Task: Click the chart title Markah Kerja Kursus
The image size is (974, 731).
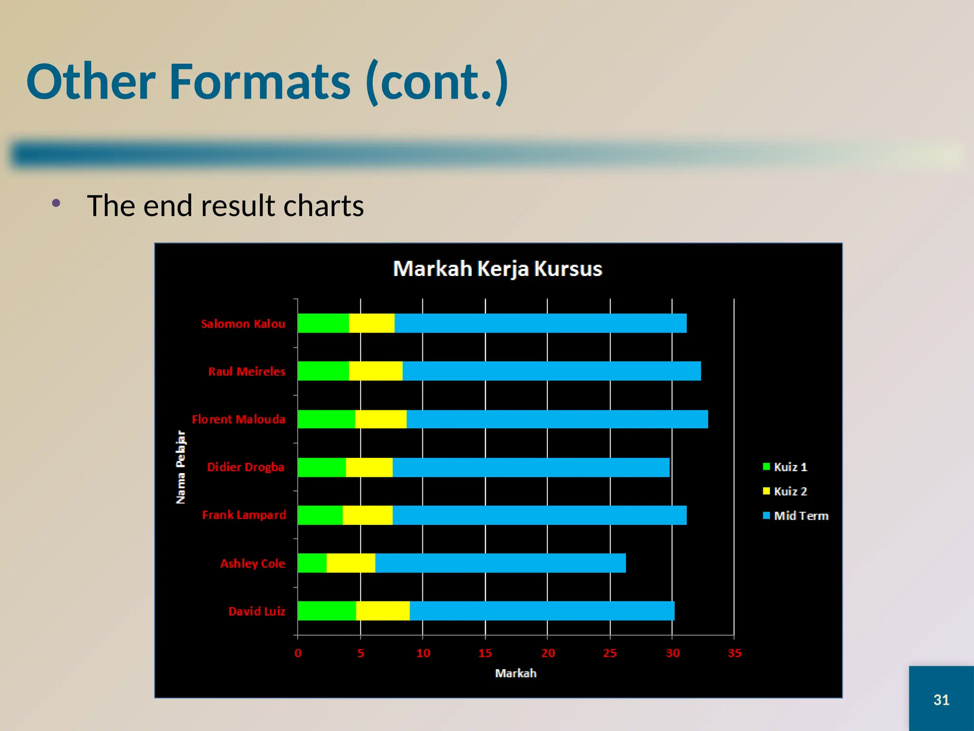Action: [497, 269]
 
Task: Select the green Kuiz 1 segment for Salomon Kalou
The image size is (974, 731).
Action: [323, 323]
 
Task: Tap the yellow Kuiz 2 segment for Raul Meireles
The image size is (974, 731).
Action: [376, 371]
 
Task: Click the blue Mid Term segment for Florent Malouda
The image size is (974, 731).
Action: [556, 419]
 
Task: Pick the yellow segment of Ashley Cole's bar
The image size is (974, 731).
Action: [351, 563]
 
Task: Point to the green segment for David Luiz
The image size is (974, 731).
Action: [326, 611]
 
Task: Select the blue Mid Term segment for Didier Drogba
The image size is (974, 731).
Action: [530, 467]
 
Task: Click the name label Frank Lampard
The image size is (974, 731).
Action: [244, 515]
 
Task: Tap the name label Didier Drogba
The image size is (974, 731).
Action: [245, 467]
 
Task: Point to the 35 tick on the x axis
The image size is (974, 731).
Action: [734, 653]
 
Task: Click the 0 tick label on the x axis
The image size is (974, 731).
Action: [298, 653]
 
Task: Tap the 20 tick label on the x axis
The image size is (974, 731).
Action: [548, 653]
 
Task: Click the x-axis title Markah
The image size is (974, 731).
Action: [516, 673]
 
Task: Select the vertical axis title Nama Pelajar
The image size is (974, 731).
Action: [181, 467]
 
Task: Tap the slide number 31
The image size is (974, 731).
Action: [941, 700]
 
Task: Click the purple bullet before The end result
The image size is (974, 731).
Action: [57, 204]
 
